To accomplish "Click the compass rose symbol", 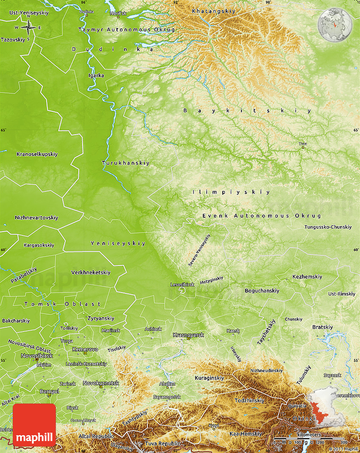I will (28, 28).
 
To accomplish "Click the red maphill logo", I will (34, 425).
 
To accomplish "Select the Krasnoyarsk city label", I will (188, 335).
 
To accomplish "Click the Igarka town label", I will (96, 75).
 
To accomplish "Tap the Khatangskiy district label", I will (208, 11).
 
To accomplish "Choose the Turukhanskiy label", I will (126, 163).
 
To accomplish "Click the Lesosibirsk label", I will (182, 285).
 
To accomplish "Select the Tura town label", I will (303, 144).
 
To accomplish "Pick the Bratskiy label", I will (322, 327).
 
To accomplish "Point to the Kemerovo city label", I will (85, 349).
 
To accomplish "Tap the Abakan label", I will (167, 384).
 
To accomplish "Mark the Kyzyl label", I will (213, 425).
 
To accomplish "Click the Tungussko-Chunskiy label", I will (328, 227).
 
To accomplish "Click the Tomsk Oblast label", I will (63, 304).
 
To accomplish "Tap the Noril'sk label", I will (118, 14).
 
